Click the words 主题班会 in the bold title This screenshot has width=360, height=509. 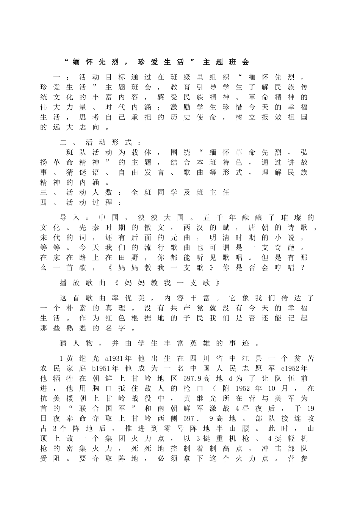226,62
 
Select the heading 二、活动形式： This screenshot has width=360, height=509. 102,143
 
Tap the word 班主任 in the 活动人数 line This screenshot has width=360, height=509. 213,192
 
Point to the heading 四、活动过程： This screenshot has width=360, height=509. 81,203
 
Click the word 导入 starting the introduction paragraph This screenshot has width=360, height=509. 70,218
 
